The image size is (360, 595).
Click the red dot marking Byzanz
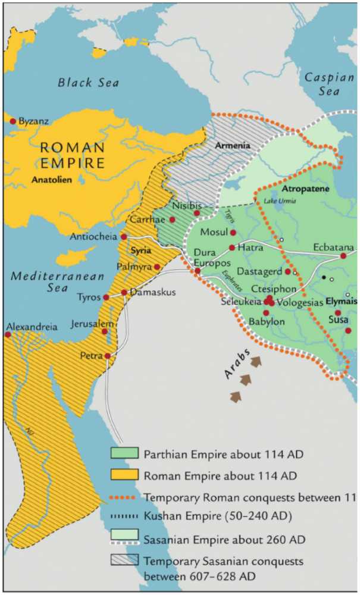click(12, 121)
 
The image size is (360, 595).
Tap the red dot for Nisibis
click(197, 213)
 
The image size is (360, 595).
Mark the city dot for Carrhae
click(172, 220)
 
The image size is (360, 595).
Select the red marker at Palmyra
click(157, 267)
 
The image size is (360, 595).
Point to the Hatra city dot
click(232, 248)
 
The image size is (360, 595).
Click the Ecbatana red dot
click(343, 256)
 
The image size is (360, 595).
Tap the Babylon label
click(267, 321)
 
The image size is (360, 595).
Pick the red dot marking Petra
click(108, 356)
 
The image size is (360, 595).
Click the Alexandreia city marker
click(8, 335)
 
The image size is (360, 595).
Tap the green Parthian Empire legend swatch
click(124, 453)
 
